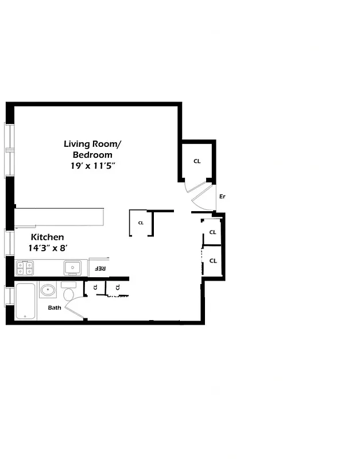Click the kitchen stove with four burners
(25, 268)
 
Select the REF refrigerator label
(99, 269)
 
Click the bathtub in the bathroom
(26, 301)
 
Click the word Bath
(55, 308)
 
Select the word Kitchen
(47, 237)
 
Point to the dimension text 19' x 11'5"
(94, 165)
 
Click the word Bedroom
(92, 154)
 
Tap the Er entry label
(222, 197)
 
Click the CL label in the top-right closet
(197, 161)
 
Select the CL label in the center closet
(141, 223)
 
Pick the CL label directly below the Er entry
(212, 232)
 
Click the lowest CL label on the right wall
(212, 260)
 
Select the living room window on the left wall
(9, 150)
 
